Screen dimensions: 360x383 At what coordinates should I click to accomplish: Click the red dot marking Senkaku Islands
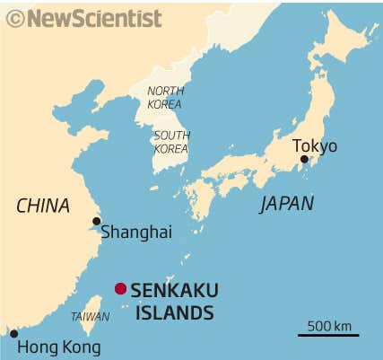click(x=120, y=288)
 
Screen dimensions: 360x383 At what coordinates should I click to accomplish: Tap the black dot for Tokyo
click(x=304, y=159)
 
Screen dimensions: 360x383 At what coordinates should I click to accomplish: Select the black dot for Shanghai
click(x=96, y=221)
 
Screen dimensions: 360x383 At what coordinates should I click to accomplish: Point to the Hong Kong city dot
click(x=13, y=334)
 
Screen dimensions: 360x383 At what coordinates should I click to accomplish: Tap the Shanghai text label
click(x=135, y=232)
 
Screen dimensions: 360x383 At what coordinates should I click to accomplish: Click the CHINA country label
click(x=43, y=206)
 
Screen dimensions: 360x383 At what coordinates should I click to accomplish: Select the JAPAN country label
click(x=287, y=204)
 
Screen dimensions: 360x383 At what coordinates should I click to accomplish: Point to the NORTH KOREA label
click(x=165, y=97)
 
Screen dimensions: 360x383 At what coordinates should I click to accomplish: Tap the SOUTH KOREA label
click(x=171, y=142)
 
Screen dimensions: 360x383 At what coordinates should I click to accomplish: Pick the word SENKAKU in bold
click(x=174, y=290)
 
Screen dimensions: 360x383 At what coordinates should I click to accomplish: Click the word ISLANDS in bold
click(x=172, y=312)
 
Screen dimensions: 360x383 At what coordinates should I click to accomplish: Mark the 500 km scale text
click(x=329, y=325)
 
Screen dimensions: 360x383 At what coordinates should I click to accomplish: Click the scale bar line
click(x=328, y=336)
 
